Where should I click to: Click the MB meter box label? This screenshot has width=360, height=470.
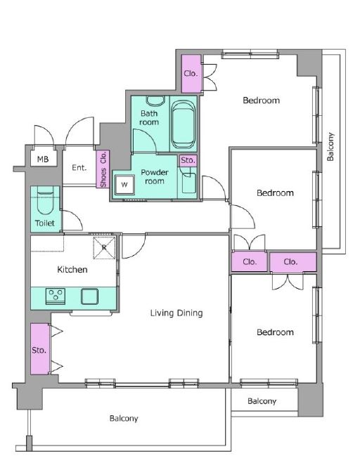pyautogui.click(x=43, y=159)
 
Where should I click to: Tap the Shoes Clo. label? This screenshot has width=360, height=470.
pyautogui.click(x=103, y=169)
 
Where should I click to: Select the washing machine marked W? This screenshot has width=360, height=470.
pyautogui.click(x=124, y=185)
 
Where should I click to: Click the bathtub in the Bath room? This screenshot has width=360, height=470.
pyautogui.click(x=183, y=124)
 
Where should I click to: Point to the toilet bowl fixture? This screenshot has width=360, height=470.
pyautogui.click(x=45, y=200)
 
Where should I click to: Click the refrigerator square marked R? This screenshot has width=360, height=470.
pyautogui.click(x=104, y=247)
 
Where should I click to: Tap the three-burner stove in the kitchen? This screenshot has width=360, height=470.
pyautogui.click(x=56, y=296)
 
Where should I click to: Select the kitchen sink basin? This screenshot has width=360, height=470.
pyautogui.click(x=89, y=296)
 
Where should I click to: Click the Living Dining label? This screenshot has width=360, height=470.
pyautogui.click(x=176, y=313)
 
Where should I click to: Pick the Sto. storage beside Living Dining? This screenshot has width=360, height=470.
pyautogui.click(x=39, y=349)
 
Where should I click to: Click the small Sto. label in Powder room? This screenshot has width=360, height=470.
pyautogui.click(x=188, y=161)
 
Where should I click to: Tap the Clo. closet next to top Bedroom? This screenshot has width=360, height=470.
pyautogui.click(x=191, y=74)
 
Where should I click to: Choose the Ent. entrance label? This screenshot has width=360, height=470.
pyautogui.click(x=79, y=168)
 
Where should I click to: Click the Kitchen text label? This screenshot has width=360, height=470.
pyautogui.click(x=72, y=270)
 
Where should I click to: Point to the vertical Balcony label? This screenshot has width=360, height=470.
pyautogui.click(x=330, y=147)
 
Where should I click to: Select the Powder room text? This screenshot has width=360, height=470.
pyautogui.click(x=155, y=177)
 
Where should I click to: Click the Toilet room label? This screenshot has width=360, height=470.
pyautogui.click(x=45, y=223)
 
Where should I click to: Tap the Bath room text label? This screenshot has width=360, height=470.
pyautogui.click(x=149, y=118)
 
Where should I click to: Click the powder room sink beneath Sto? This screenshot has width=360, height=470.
pyautogui.click(x=188, y=182)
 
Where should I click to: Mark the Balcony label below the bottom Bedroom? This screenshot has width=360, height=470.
pyautogui.click(x=262, y=401)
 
